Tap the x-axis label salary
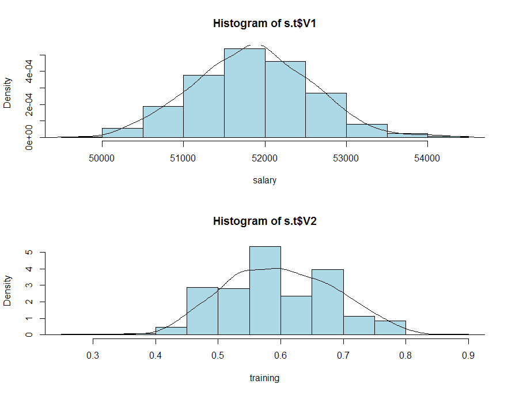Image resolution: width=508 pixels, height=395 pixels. [264, 180]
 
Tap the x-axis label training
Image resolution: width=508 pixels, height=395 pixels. [264, 378]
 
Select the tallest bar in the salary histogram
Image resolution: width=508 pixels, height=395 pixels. [244, 93]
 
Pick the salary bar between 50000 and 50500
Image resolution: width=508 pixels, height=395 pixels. [122, 133]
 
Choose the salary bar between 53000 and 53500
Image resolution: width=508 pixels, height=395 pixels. [366, 131]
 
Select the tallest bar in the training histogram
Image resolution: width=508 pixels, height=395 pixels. [265, 291]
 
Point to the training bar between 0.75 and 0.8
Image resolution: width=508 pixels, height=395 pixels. [390, 328]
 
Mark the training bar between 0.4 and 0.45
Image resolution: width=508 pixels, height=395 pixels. [171, 331]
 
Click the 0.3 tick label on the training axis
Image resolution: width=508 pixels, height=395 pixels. [93, 353]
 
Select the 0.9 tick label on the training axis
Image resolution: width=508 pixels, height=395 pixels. [468, 353]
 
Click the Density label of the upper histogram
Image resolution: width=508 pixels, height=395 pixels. [7, 93]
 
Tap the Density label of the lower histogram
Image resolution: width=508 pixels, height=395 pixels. [7, 290]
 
